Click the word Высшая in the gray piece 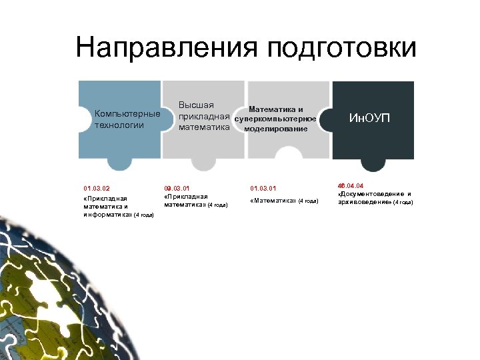click(x=196, y=105)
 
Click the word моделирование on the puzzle click(x=276, y=128)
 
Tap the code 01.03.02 click(x=96, y=188)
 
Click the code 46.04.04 click(x=351, y=185)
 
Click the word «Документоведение click(x=371, y=194)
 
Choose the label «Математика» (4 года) click(x=285, y=201)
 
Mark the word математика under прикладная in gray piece click(x=204, y=125)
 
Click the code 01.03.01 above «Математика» click(x=263, y=188)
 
